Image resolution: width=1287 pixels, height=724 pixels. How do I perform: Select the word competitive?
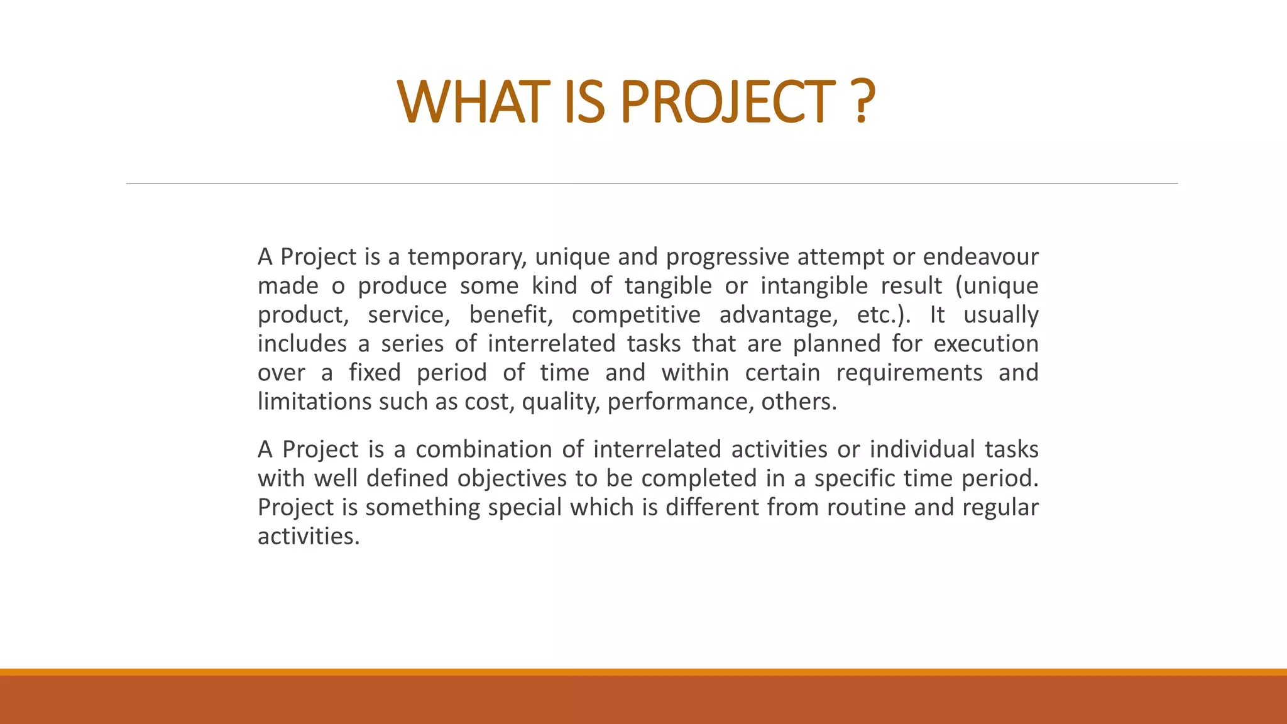[636, 315]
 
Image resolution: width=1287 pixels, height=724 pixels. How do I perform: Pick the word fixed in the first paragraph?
[375, 373]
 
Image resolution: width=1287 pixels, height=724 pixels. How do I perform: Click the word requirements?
[909, 373]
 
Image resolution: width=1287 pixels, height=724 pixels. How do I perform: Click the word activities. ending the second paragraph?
[309, 536]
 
